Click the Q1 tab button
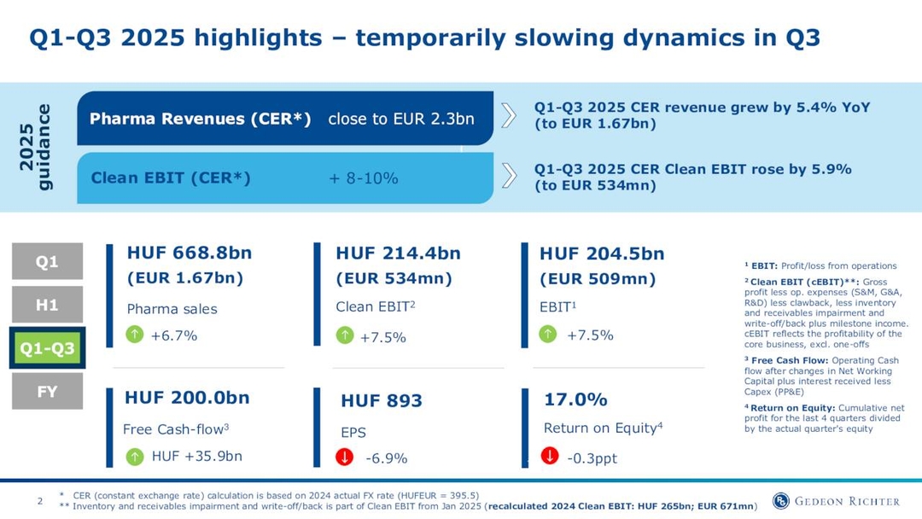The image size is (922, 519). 47,261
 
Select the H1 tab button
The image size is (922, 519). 47,305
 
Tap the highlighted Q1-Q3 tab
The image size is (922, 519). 47,348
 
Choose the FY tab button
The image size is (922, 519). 47,392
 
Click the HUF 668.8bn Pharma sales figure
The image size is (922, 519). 189,254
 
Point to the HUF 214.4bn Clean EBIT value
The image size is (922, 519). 398,254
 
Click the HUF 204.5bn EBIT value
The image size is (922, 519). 602,254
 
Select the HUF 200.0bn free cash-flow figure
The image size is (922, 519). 187,398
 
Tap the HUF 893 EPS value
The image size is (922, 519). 382,401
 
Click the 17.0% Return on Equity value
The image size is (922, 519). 575,399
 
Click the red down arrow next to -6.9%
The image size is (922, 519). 345,458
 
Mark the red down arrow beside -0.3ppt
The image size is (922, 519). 550,457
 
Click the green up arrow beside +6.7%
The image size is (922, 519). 135,335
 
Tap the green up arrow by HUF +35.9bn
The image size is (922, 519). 135,457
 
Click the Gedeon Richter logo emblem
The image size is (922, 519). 780,501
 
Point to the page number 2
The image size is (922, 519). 39,501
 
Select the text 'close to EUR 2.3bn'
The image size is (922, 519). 400,119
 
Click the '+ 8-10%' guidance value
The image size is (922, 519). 364,178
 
